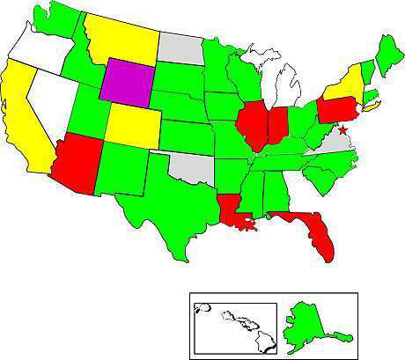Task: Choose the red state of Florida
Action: click(318, 232)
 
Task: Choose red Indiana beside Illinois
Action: click(277, 125)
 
